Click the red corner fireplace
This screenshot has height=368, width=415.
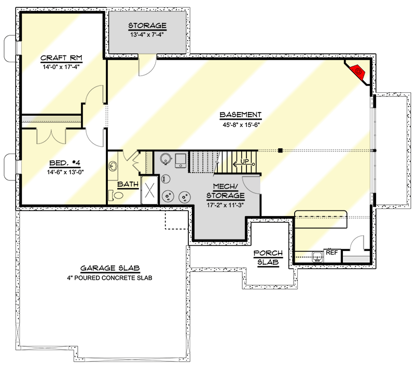[x=357, y=72]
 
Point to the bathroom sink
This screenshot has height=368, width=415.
[x=113, y=166]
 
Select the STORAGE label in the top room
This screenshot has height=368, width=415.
[x=147, y=25]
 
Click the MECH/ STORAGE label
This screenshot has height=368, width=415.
[x=225, y=190]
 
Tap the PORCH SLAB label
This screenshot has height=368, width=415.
[x=268, y=258]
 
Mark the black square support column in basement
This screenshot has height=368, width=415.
[x=280, y=151]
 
